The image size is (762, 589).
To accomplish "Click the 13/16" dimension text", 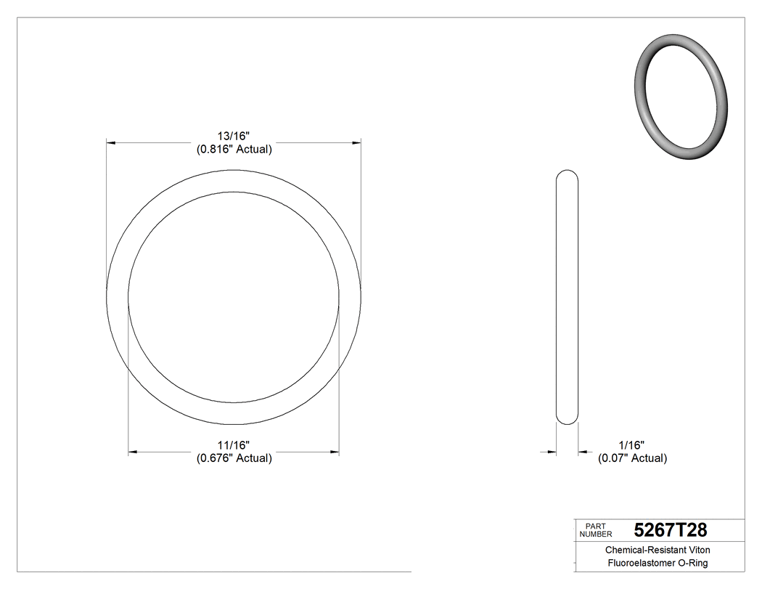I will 234,136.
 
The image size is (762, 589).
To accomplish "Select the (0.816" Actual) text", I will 234,150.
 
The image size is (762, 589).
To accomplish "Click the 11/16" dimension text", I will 234,444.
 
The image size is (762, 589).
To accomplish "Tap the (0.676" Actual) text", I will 234,458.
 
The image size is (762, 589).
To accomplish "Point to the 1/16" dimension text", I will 631,444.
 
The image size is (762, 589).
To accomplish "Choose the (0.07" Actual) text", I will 632,458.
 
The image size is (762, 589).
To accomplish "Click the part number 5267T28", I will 670,529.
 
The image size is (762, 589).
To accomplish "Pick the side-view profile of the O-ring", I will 567,297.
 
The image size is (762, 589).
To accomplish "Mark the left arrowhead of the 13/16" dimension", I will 111,143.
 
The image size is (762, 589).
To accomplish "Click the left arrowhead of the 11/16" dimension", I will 133,452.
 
